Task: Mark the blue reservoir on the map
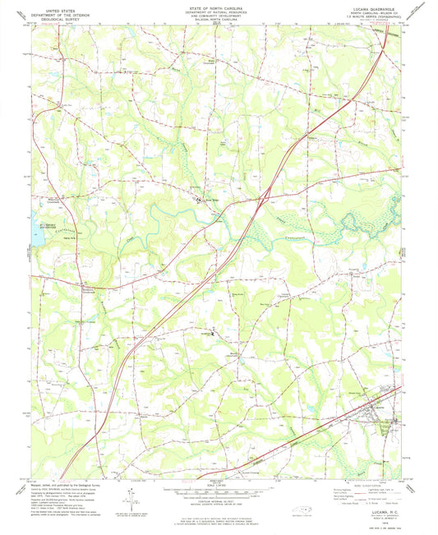(x=38, y=235)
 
